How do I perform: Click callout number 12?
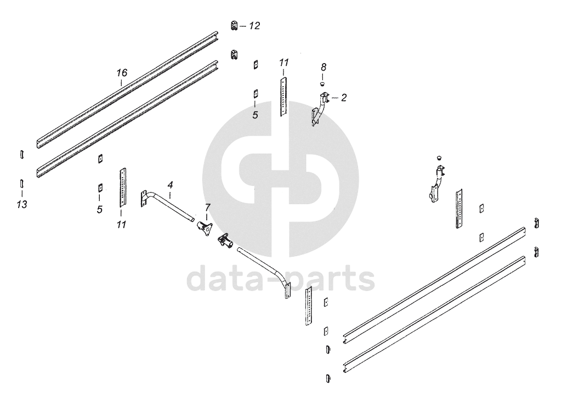254,26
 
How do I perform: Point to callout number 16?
122,72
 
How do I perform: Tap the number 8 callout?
323,67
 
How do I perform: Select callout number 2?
344,98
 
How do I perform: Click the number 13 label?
22,204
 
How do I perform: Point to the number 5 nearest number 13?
99,210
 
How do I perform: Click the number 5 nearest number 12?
255,115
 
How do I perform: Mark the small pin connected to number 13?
21,183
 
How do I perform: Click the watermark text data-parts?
280,278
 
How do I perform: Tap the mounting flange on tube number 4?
145,199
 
